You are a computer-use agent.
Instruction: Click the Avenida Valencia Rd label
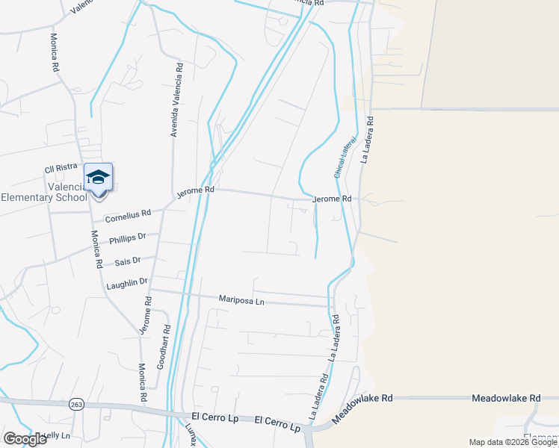[176, 100]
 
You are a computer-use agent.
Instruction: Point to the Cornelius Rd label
[128, 217]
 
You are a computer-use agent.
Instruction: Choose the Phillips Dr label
[128, 240]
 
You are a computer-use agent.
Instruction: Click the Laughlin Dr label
[127, 283]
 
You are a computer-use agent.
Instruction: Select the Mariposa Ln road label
[241, 299]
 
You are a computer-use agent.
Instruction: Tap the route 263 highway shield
[76, 403]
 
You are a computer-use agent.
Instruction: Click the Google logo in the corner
[25, 439]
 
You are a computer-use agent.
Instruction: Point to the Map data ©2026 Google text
[513, 442]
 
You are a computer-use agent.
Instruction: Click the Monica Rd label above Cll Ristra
[55, 52]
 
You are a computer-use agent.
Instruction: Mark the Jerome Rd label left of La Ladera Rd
[331, 199]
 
